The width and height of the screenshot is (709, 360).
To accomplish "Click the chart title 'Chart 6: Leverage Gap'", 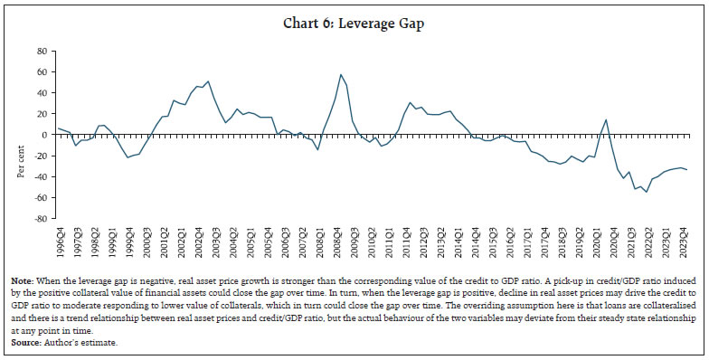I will pos(354,24).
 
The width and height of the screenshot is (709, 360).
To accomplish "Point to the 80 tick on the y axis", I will pos(42,51).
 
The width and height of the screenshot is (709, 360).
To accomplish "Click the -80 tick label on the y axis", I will pos(40,218).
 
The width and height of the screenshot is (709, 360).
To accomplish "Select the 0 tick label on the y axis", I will pos(44,135).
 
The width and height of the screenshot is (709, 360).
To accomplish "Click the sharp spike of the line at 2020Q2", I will pos(606,120).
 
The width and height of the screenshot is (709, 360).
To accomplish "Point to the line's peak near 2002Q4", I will pos(209,81).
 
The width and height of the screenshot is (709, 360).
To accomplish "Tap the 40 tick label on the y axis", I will pos(42,92).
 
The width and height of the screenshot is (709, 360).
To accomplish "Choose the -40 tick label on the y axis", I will pos(40,176).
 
